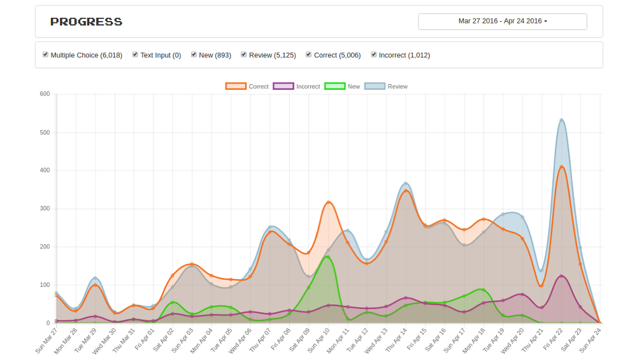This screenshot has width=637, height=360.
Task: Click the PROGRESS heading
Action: coord(86,22)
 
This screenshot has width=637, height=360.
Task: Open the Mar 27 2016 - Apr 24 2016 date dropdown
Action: coord(503,22)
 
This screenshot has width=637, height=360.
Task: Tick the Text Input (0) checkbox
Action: coord(135,54)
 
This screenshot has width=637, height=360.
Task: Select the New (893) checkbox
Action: coord(194,54)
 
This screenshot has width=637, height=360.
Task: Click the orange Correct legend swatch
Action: coord(236,86)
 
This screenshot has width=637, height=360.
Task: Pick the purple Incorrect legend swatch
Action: coord(283,86)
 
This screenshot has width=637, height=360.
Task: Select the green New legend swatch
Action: coord(335,86)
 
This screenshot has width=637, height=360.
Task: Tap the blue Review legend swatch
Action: coord(375,86)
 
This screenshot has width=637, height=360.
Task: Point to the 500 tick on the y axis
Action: coord(45,133)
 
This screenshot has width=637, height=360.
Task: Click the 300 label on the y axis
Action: coord(45,208)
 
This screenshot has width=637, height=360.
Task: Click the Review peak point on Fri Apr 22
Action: coord(561,120)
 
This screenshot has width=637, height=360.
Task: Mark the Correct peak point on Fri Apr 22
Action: coord(561,167)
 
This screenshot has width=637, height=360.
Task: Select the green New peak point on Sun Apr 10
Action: coord(328,257)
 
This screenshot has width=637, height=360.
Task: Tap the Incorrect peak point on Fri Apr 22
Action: coord(561,276)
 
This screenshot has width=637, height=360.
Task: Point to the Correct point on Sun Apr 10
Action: coord(328,203)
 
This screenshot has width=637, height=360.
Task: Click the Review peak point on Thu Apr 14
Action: coord(406,184)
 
